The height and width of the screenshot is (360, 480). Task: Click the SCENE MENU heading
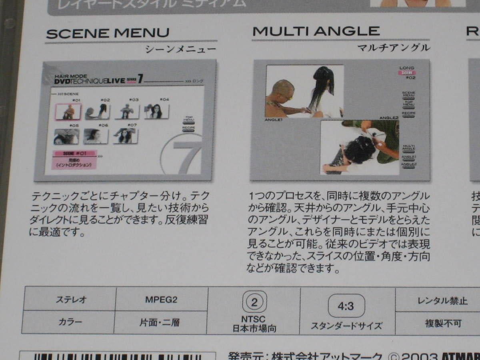pos(108,33)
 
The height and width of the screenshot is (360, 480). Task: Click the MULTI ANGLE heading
pos(316,31)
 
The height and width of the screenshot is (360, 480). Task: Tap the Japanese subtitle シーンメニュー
pos(180,50)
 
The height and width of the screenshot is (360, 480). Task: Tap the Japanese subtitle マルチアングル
pos(394,48)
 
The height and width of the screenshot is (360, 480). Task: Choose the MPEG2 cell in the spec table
pos(161,300)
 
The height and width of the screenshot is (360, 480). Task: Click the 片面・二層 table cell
pos(160,322)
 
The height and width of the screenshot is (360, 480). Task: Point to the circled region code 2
pos(254,302)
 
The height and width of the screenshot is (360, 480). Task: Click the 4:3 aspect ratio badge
pos(346,306)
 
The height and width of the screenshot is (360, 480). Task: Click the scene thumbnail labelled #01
pos(68,112)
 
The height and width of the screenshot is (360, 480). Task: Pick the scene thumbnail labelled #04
pos(156,112)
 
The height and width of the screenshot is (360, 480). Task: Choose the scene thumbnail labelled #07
pos(126,136)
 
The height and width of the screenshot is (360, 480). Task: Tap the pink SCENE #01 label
pos(74,153)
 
